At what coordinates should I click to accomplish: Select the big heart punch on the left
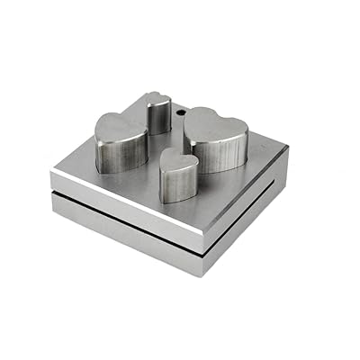(121, 139)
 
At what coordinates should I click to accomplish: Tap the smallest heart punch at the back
(158, 112)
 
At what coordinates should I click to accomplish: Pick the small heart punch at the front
(179, 175)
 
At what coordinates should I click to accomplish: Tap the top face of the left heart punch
(121, 126)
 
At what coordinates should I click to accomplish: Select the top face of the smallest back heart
(158, 99)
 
